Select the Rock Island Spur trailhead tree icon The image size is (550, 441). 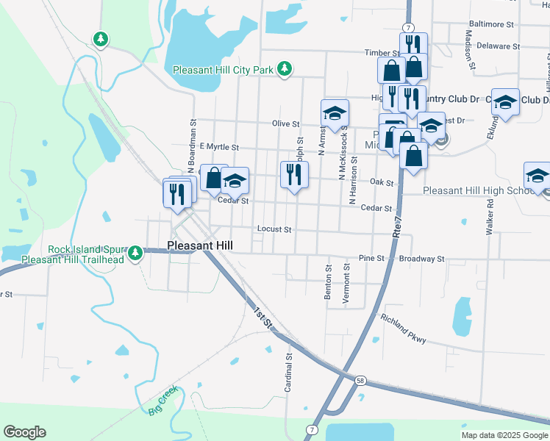[x=135, y=254]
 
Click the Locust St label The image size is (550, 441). [x=274, y=229]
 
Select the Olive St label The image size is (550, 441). [x=286, y=124]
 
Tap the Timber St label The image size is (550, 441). [x=382, y=53]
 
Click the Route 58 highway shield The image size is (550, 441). [x=359, y=380]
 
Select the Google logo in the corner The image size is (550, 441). [x=24, y=432]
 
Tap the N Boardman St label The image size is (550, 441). [x=192, y=143]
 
